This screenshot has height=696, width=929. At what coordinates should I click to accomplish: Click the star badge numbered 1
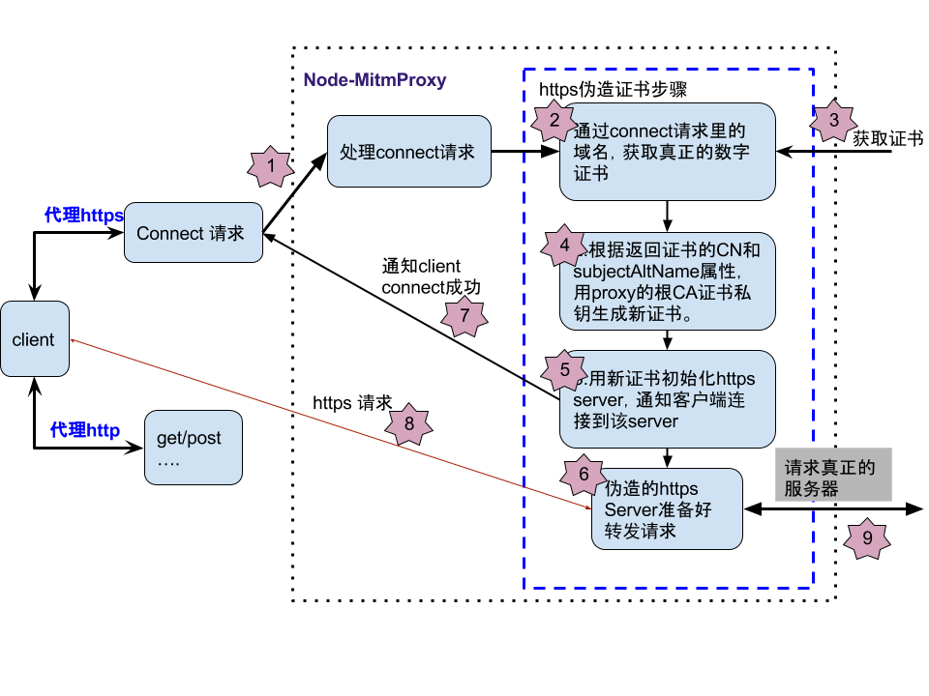coord(271,166)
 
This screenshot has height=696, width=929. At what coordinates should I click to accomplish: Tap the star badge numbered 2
coord(554,121)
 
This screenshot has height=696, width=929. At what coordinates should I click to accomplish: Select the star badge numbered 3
coord(833,121)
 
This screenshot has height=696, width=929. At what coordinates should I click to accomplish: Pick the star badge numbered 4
coord(564,246)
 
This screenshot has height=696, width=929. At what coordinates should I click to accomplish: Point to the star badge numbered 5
coord(564,370)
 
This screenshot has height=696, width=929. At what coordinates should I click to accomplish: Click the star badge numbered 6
coord(584,474)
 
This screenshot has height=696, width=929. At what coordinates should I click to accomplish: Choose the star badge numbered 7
coord(464,315)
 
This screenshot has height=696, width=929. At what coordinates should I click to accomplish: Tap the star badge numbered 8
coord(408,423)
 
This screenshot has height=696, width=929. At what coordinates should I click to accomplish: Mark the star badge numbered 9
coord(866,538)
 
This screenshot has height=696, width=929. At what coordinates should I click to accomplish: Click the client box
coord(34,339)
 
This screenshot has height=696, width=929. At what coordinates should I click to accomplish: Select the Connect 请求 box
coord(193,233)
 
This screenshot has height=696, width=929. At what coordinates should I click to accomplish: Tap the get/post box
coord(193,448)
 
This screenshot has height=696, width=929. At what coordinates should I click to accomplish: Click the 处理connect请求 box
coord(408,152)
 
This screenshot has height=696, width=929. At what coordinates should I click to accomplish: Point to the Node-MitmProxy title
coord(375,80)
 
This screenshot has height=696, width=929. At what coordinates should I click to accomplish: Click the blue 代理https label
coord(83,216)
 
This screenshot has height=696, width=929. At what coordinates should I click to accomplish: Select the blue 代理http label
coord(85,430)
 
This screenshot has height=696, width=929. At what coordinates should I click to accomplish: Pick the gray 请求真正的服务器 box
coord(832,475)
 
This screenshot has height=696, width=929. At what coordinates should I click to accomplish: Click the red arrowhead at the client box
coord(74,341)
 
